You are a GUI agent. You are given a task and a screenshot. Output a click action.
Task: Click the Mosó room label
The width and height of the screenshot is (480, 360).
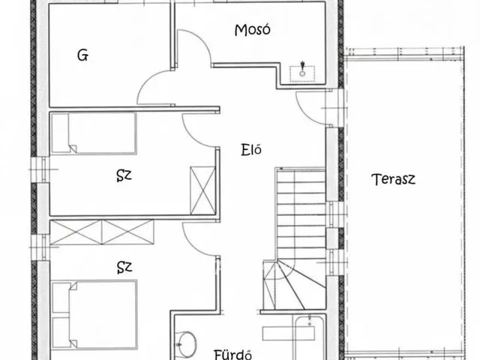coord(252,31)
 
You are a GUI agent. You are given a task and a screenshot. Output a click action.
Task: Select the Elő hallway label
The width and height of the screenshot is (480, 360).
coord(250,148)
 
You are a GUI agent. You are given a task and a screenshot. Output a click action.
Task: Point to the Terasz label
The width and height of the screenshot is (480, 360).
coord(393,179)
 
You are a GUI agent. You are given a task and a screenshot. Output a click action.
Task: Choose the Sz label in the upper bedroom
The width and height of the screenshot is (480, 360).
coord(124,176)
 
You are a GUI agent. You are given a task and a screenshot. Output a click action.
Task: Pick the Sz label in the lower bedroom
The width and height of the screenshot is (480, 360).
coord(124,265)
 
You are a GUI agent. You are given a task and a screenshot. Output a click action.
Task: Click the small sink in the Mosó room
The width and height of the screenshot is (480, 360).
coord(303,72)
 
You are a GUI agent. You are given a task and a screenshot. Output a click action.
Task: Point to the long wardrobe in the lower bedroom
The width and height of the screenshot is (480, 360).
coord(102,232)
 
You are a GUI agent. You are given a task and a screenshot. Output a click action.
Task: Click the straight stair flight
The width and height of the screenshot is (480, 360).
coord(300,214)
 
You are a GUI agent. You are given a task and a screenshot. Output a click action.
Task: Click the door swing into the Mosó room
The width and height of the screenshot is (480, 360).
coord(193,52)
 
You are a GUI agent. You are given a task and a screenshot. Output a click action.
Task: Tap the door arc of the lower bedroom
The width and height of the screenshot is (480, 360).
coord(196,240)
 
